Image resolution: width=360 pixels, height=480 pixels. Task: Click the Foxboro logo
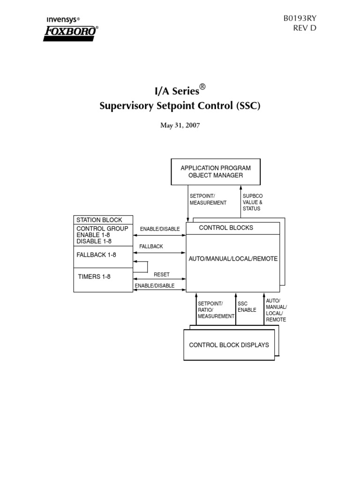click(x=70, y=33)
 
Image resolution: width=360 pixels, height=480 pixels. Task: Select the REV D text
click(x=305, y=29)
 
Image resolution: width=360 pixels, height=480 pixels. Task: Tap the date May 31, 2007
click(x=180, y=126)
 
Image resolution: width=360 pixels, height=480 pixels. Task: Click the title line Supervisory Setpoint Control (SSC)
click(x=180, y=106)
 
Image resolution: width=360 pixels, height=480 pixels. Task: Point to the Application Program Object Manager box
click(x=216, y=172)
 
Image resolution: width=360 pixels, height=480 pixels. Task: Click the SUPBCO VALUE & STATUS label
click(x=253, y=202)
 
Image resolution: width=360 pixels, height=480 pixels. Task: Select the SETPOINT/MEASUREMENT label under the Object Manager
click(x=208, y=199)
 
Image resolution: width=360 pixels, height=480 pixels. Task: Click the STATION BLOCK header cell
click(x=99, y=220)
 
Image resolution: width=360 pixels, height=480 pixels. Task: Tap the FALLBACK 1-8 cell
click(x=96, y=255)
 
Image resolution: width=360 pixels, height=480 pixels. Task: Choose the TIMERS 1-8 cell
click(x=94, y=277)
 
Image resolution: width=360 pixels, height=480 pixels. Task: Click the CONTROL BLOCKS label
click(x=226, y=228)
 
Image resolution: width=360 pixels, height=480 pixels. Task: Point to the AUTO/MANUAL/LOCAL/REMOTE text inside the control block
click(x=233, y=259)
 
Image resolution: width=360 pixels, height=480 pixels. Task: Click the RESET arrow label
click(x=162, y=274)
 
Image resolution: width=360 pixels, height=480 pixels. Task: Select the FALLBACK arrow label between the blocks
click(x=151, y=247)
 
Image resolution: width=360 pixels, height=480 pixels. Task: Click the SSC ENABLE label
click(x=247, y=307)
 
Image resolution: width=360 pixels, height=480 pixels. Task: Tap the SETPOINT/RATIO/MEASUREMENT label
click(x=216, y=310)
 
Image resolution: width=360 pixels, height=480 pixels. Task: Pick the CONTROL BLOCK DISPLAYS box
click(x=229, y=345)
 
